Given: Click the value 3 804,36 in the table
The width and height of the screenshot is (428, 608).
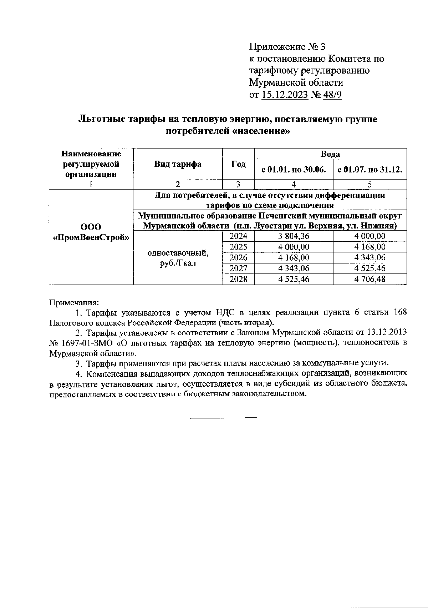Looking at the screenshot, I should point(294,236).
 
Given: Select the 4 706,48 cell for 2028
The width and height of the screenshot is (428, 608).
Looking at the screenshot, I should point(370,279).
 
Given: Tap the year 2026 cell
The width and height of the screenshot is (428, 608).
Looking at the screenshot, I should point(238,258).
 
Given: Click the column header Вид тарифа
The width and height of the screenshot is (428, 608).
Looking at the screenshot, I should point(178,164).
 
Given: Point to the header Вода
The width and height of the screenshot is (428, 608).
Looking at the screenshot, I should point(330,154).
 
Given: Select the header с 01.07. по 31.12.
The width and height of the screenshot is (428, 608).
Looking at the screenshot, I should point(370,170).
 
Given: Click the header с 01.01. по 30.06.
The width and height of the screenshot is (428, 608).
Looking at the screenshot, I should point(294,170).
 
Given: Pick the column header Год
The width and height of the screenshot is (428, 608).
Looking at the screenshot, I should point(238,164).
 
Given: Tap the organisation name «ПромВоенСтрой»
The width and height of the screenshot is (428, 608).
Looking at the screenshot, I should point(91,237).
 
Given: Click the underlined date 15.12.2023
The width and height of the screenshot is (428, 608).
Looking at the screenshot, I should point(285,95).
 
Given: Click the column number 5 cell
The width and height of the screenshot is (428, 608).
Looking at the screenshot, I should point(370,185).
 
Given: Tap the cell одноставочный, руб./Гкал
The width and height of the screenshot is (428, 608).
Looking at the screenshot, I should point(178,258).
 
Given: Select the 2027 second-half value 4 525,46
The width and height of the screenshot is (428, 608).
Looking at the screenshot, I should point(370,268).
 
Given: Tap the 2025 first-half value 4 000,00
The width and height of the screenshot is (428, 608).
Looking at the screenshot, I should point(294,247).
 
